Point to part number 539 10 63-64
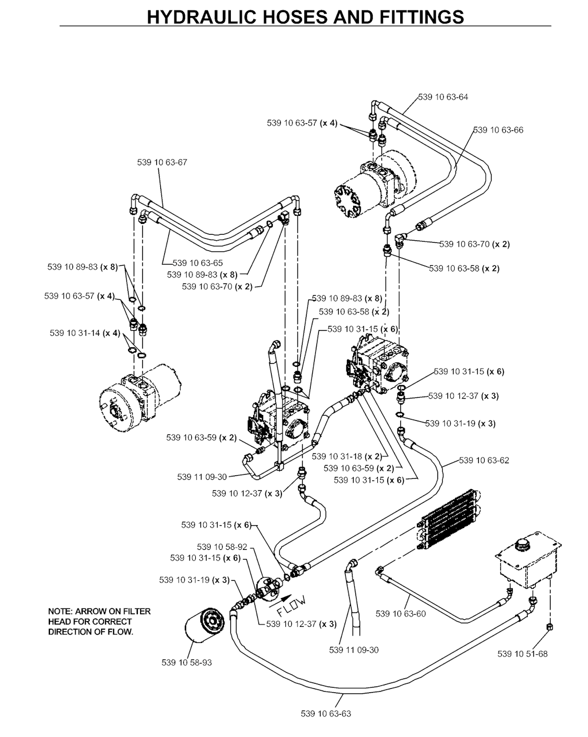pos(443,97)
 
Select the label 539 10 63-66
pos(498,130)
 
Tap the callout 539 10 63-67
pos(162,162)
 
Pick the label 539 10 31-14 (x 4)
pos(84,333)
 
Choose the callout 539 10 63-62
pos(484,460)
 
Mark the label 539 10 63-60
pos(401,614)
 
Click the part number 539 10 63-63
pos(326,713)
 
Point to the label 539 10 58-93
pos(187,662)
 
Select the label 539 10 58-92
pos(222,547)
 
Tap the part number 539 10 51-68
pos(523,653)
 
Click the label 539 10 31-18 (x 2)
pos(346,457)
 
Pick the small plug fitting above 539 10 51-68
pos(550,627)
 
